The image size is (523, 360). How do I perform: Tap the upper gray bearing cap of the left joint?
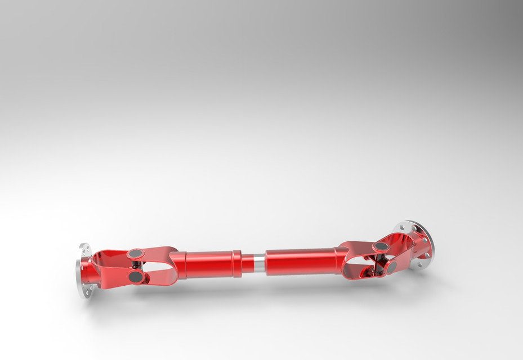coord(135,254)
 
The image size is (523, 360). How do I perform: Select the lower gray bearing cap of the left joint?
coord(136,277)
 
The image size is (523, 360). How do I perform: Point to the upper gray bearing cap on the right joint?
coord(381,246)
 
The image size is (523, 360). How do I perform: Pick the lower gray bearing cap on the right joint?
coord(391,268)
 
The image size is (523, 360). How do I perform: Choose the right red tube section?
coord(301,261)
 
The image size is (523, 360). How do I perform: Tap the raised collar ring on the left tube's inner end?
coord(236,264)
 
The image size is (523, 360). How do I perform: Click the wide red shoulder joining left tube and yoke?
coord(178,265)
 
